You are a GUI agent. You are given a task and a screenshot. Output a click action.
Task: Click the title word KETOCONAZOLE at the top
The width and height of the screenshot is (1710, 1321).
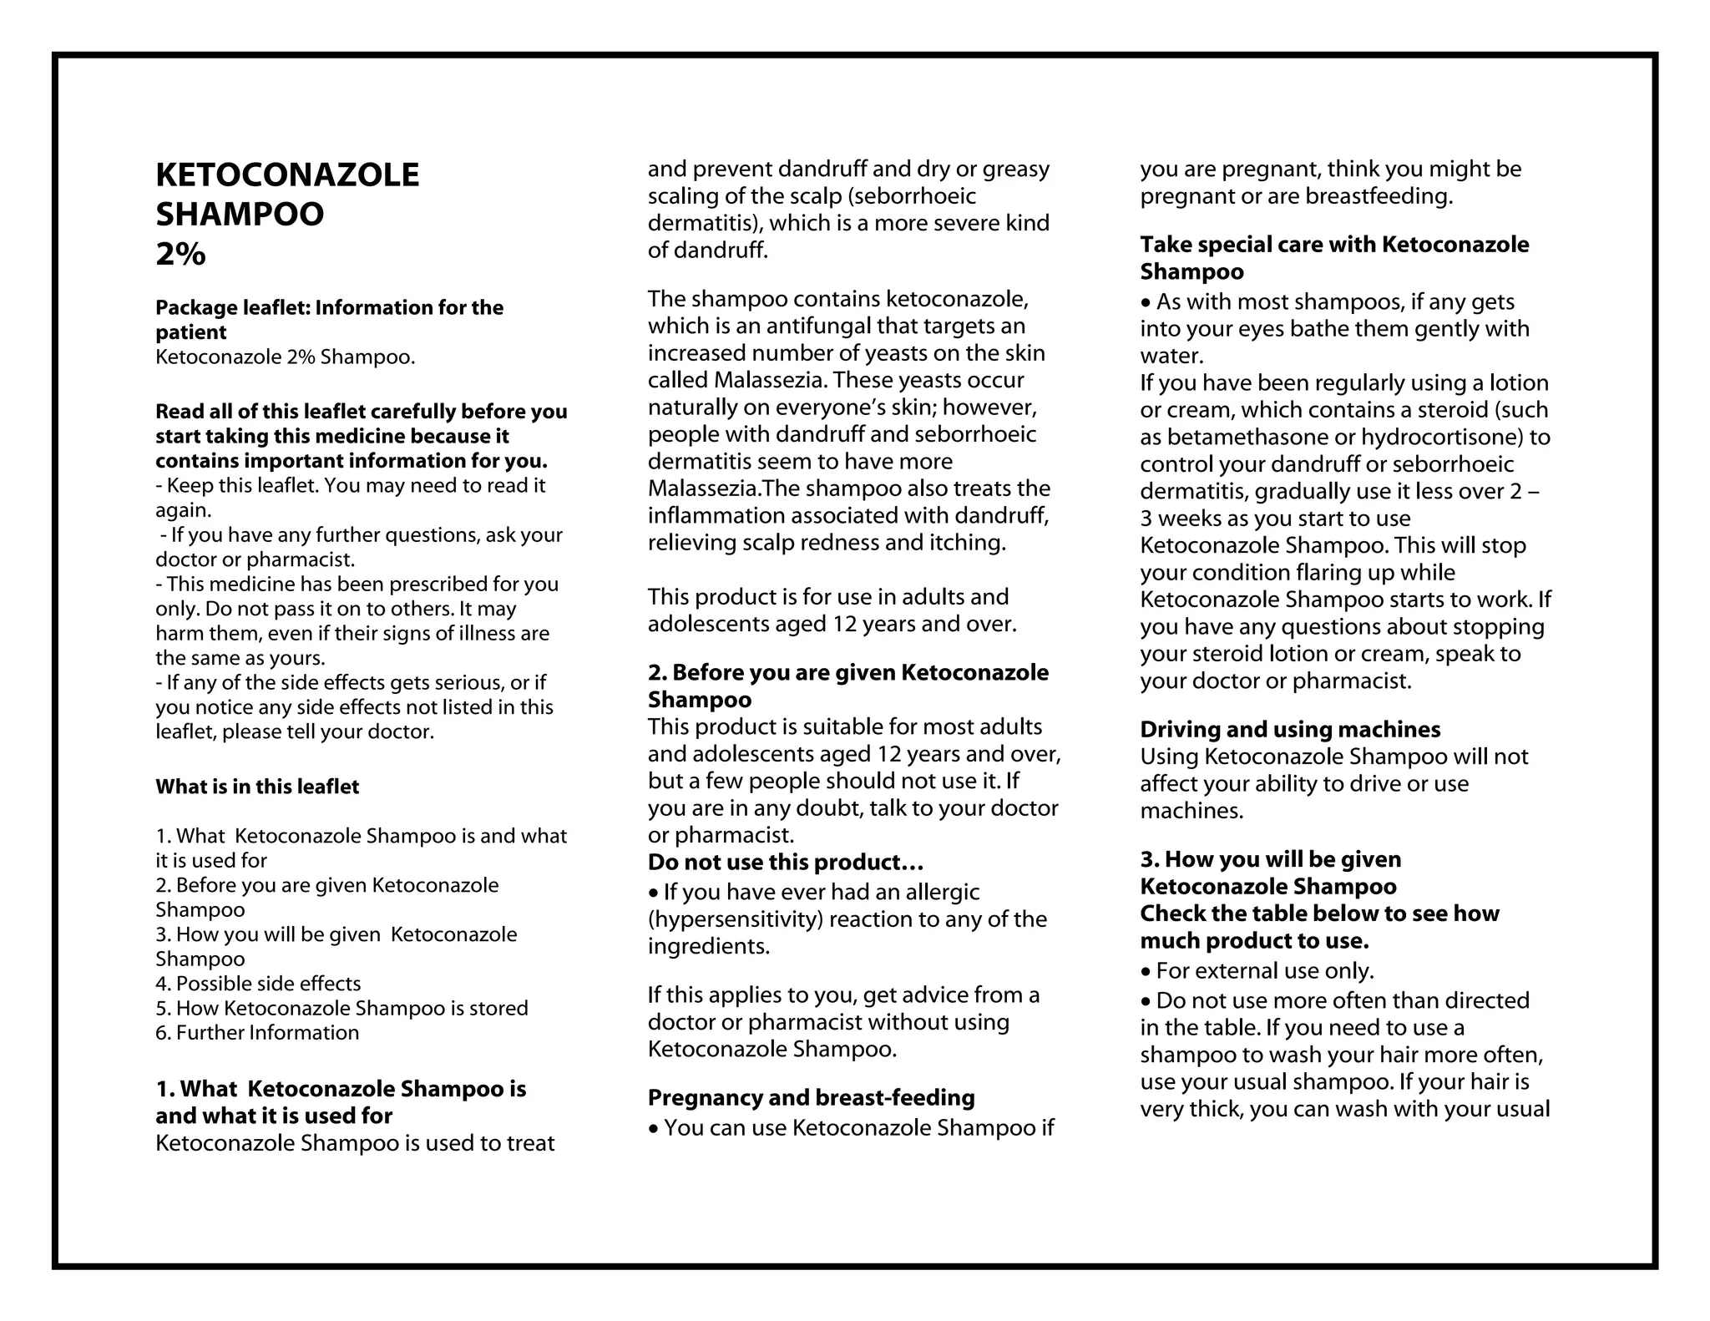[x=287, y=175]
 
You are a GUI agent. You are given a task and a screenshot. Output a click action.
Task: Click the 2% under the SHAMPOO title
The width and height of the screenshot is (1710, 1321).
[x=180, y=254]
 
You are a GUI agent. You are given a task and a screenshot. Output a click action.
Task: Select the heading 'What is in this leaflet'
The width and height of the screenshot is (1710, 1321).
[x=257, y=787]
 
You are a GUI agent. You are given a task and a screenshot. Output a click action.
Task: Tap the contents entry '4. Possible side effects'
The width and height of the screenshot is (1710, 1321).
[x=258, y=984]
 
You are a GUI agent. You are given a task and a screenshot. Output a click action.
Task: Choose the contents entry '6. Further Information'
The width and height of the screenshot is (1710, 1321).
[x=257, y=1033]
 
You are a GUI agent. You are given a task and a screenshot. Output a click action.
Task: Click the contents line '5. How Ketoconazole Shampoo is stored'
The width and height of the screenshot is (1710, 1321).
[x=341, y=1008]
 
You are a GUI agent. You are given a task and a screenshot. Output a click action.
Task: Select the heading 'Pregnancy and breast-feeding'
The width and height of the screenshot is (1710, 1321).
[x=811, y=1097]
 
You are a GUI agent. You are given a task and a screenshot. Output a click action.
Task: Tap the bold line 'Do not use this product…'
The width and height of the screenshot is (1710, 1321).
[x=786, y=862]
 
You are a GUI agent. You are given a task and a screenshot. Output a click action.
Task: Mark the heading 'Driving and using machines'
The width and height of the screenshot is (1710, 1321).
[x=1290, y=729]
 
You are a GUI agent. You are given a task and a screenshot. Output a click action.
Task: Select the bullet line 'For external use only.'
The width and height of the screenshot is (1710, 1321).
[x=1264, y=970]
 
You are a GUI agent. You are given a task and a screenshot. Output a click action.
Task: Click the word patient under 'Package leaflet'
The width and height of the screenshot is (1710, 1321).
[x=190, y=332]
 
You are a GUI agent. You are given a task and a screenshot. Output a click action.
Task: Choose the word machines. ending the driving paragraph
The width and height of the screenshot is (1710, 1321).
[x=1191, y=811]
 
